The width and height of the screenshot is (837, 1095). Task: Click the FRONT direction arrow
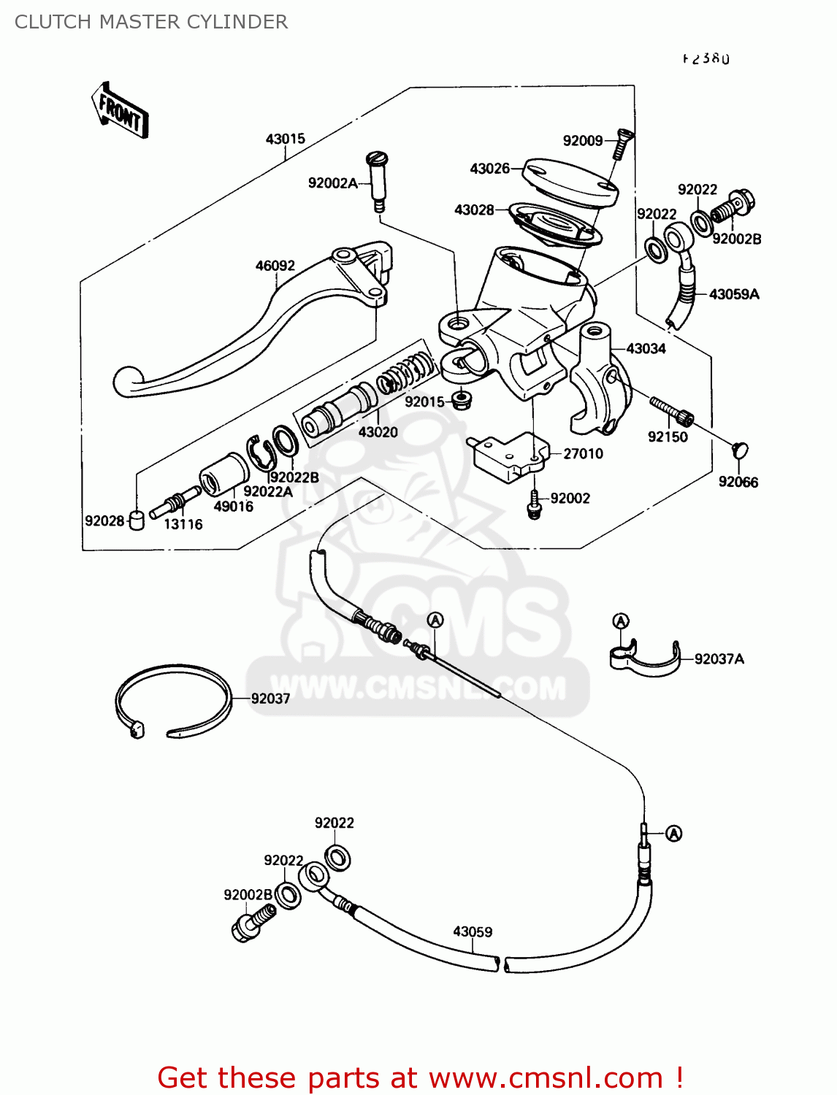(x=121, y=112)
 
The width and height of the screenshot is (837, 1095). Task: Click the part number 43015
(x=285, y=139)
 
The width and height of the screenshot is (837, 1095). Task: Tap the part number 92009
(x=582, y=141)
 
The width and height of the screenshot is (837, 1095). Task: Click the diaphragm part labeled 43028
(x=555, y=223)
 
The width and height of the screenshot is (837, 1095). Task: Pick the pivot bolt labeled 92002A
(x=377, y=179)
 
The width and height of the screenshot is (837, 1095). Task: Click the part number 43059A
(x=734, y=294)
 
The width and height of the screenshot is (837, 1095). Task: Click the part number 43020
(x=378, y=432)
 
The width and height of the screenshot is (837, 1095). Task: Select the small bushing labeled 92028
(x=136, y=520)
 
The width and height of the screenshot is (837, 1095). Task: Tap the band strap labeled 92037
(x=173, y=701)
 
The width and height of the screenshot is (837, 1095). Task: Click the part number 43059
(x=473, y=931)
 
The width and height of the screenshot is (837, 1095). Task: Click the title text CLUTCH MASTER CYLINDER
(x=151, y=22)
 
